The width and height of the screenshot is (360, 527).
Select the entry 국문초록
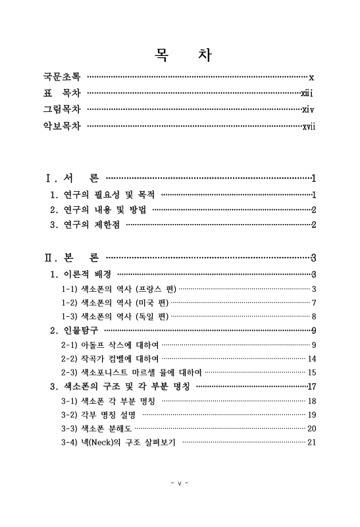tap(62, 77)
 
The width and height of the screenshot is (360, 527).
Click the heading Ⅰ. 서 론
tap(72, 178)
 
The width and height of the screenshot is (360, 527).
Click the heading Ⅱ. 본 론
tap(72, 258)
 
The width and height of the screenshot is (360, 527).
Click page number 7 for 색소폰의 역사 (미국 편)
tap(315, 302)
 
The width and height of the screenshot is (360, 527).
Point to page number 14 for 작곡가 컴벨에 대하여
tap(313, 358)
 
